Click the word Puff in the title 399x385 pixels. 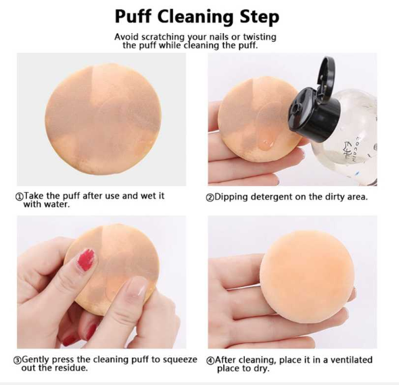tap(138, 16)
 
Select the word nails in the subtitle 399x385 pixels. tap(224, 37)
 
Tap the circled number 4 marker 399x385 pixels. tap(210, 360)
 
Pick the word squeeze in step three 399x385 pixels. tap(181, 360)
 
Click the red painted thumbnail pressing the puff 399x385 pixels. tap(86, 260)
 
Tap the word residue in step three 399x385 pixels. tap(71, 369)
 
